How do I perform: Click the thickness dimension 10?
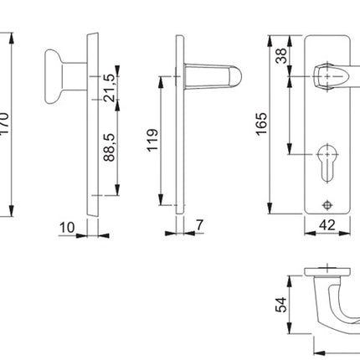coord(69,227)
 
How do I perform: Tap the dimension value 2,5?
coord(110,80)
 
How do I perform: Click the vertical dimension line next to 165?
coord(270,125)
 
